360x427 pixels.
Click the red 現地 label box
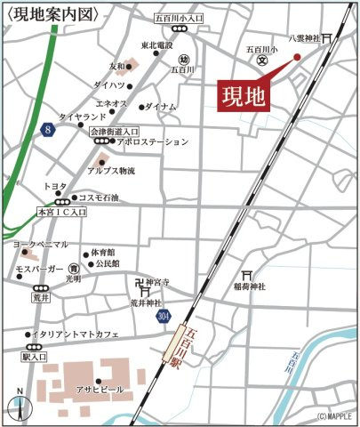click(244, 96)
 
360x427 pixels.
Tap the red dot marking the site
click(297, 57)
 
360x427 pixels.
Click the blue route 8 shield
click(48, 131)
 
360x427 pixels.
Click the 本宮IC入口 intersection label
click(60, 213)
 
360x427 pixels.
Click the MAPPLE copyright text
click(334, 416)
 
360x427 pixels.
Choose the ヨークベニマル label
click(40, 243)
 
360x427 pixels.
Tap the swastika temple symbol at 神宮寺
click(140, 286)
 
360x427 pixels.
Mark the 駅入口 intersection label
click(34, 356)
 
